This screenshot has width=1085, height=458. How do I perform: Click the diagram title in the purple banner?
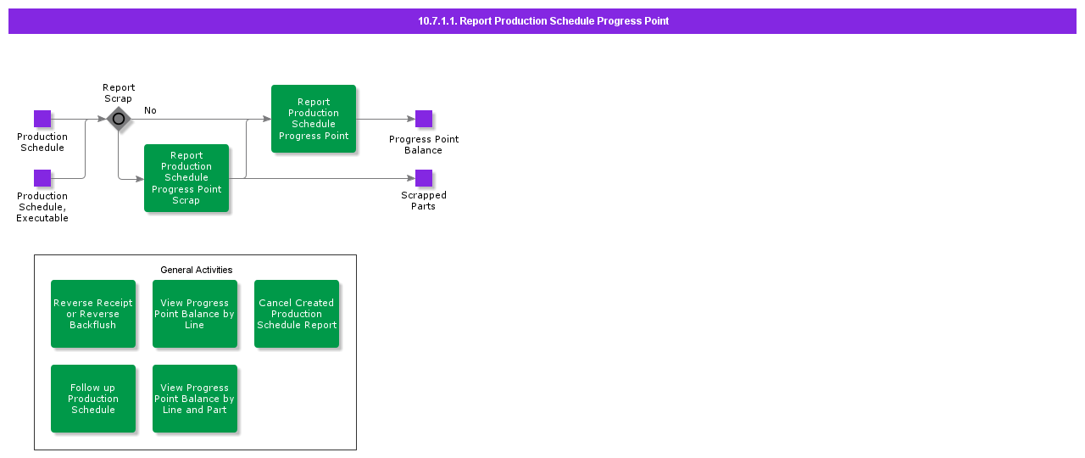542,21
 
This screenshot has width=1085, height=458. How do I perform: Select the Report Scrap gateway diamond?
119,119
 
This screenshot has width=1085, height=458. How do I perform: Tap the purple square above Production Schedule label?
42,119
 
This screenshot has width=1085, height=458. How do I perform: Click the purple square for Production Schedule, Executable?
42,178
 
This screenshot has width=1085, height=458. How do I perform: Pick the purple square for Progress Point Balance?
424,119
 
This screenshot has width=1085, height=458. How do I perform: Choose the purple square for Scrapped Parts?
424,178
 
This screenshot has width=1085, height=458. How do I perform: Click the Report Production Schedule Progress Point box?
314,119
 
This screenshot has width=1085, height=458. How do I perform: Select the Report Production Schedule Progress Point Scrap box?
186,178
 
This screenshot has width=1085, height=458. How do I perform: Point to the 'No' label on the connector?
150,110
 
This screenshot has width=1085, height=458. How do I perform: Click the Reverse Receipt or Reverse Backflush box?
93,314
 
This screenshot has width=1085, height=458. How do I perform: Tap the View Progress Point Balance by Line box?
195,314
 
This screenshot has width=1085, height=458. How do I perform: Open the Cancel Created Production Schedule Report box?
297,314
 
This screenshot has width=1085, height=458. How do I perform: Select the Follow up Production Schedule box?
93,399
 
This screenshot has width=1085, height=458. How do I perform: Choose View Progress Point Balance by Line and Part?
195,399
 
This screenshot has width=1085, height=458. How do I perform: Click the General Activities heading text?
196,270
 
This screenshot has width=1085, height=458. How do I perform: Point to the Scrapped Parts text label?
424,201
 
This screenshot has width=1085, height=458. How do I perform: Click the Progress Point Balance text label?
424,145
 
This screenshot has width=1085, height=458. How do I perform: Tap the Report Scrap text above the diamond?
119,93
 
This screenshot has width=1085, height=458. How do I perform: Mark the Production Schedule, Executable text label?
42,207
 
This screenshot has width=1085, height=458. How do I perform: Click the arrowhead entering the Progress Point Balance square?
411,119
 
